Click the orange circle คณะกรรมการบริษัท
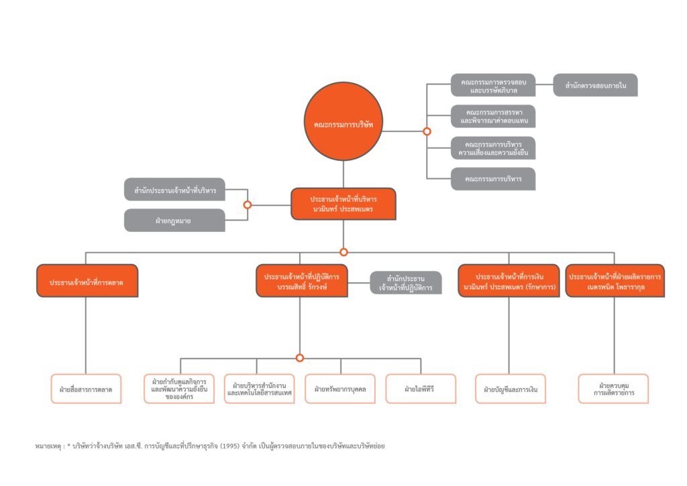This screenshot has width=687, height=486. click(x=343, y=121)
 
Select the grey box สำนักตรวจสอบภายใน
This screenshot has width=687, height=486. click(x=595, y=85)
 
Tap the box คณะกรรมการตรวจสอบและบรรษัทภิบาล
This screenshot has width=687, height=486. click(x=493, y=85)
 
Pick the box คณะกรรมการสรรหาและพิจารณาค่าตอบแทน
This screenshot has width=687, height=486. click(x=493, y=116)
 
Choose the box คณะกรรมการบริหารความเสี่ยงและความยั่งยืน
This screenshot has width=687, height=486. click(x=493, y=148)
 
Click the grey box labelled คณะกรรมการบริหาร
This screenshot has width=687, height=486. click(x=493, y=178)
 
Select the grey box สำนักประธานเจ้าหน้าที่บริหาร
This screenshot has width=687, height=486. click(x=174, y=189)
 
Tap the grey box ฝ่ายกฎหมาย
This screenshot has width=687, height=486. click(x=174, y=220)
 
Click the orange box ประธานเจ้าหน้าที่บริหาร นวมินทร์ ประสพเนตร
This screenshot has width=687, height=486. click(x=343, y=204)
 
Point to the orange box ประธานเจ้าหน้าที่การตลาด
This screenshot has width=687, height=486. click(x=87, y=281)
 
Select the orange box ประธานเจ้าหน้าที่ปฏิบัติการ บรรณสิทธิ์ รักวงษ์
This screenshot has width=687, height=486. click(x=302, y=281)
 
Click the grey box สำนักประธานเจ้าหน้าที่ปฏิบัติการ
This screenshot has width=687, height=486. click(x=406, y=282)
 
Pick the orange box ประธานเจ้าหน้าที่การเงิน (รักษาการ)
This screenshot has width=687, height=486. click(x=509, y=281)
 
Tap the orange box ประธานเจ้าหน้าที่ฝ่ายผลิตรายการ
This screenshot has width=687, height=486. click(x=615, y=281)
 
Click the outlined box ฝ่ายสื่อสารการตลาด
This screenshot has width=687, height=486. click(x=86, y=388)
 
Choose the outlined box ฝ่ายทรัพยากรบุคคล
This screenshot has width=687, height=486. click(x=340, y=388)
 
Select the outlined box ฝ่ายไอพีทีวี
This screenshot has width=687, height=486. click(x=421, y=388)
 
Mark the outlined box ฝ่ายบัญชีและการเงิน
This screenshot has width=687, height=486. click(x=511, y=388)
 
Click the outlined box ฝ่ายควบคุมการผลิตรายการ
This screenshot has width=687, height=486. click(x=613, y=388)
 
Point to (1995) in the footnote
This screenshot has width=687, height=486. click(x=230, y=446)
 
